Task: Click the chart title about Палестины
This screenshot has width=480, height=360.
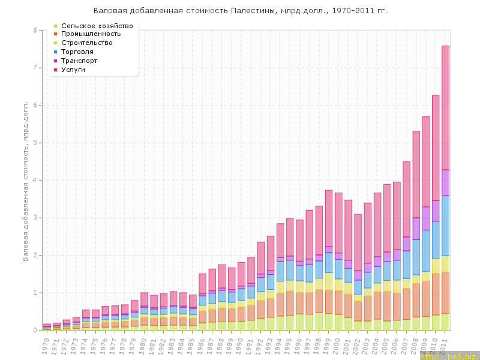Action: click(240, 11)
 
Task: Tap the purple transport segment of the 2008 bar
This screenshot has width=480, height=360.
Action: click(416, 229)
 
